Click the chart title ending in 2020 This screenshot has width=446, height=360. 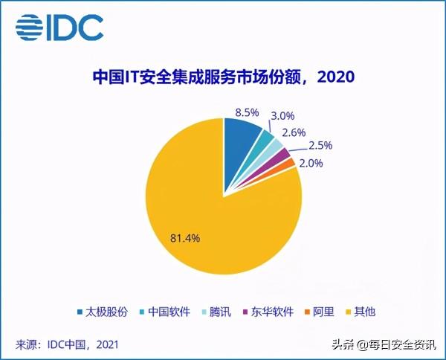coord(223,77)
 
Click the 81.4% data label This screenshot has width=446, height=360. coord(185,239)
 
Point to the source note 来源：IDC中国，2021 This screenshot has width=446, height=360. coord(66,344)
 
